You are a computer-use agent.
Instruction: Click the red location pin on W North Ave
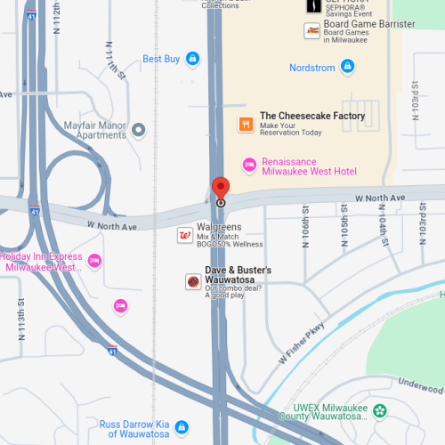[x=221, y=190]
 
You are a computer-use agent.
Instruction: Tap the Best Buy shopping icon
[x=192, y=60]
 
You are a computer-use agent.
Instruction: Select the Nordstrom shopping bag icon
[x=348, y=67]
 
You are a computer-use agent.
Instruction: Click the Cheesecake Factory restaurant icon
[x=245, y=123]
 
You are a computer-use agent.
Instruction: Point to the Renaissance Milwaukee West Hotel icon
[x=250, y=164]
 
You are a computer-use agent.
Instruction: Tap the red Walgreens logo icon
[x=185, y=235]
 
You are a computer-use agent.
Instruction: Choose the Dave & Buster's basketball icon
[x=193, y=281]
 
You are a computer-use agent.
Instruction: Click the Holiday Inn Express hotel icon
[x=93, y=261]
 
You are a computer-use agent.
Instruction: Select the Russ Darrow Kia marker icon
[x=182, y=426]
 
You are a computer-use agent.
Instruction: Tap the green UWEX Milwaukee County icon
[x=380, y=410]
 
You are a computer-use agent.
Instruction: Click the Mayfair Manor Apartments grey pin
[x=138, y=130]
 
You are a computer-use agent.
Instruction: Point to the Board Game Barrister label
[x=368, y=24]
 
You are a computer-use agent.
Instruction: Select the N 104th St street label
[x=383, y=230]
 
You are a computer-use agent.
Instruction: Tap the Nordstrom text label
[x=311, y=68]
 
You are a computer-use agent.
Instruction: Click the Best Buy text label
[x=161, y=60]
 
